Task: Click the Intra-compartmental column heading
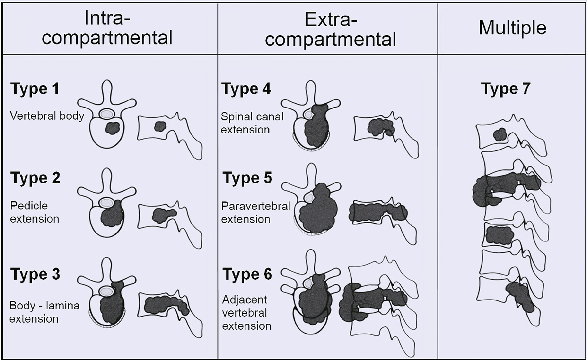[107, 28]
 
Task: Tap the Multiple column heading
[512, 28]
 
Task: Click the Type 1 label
[35, 89]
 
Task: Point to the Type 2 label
[35, 178]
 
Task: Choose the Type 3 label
[35, 274]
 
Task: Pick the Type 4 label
[246, 89]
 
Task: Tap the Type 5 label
[247, 178]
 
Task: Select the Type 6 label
[247, 274]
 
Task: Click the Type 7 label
[505, 89]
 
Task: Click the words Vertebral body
[47, 116]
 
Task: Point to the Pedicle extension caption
[34, 212]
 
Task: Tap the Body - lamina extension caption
[44, 312]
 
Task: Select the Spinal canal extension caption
[252, 123]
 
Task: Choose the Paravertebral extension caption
[255, 213]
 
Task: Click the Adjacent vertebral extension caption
[246, 313]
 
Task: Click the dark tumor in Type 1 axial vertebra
[113, 128]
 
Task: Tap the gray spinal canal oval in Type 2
[107, 202]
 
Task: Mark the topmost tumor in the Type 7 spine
[501, 134]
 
